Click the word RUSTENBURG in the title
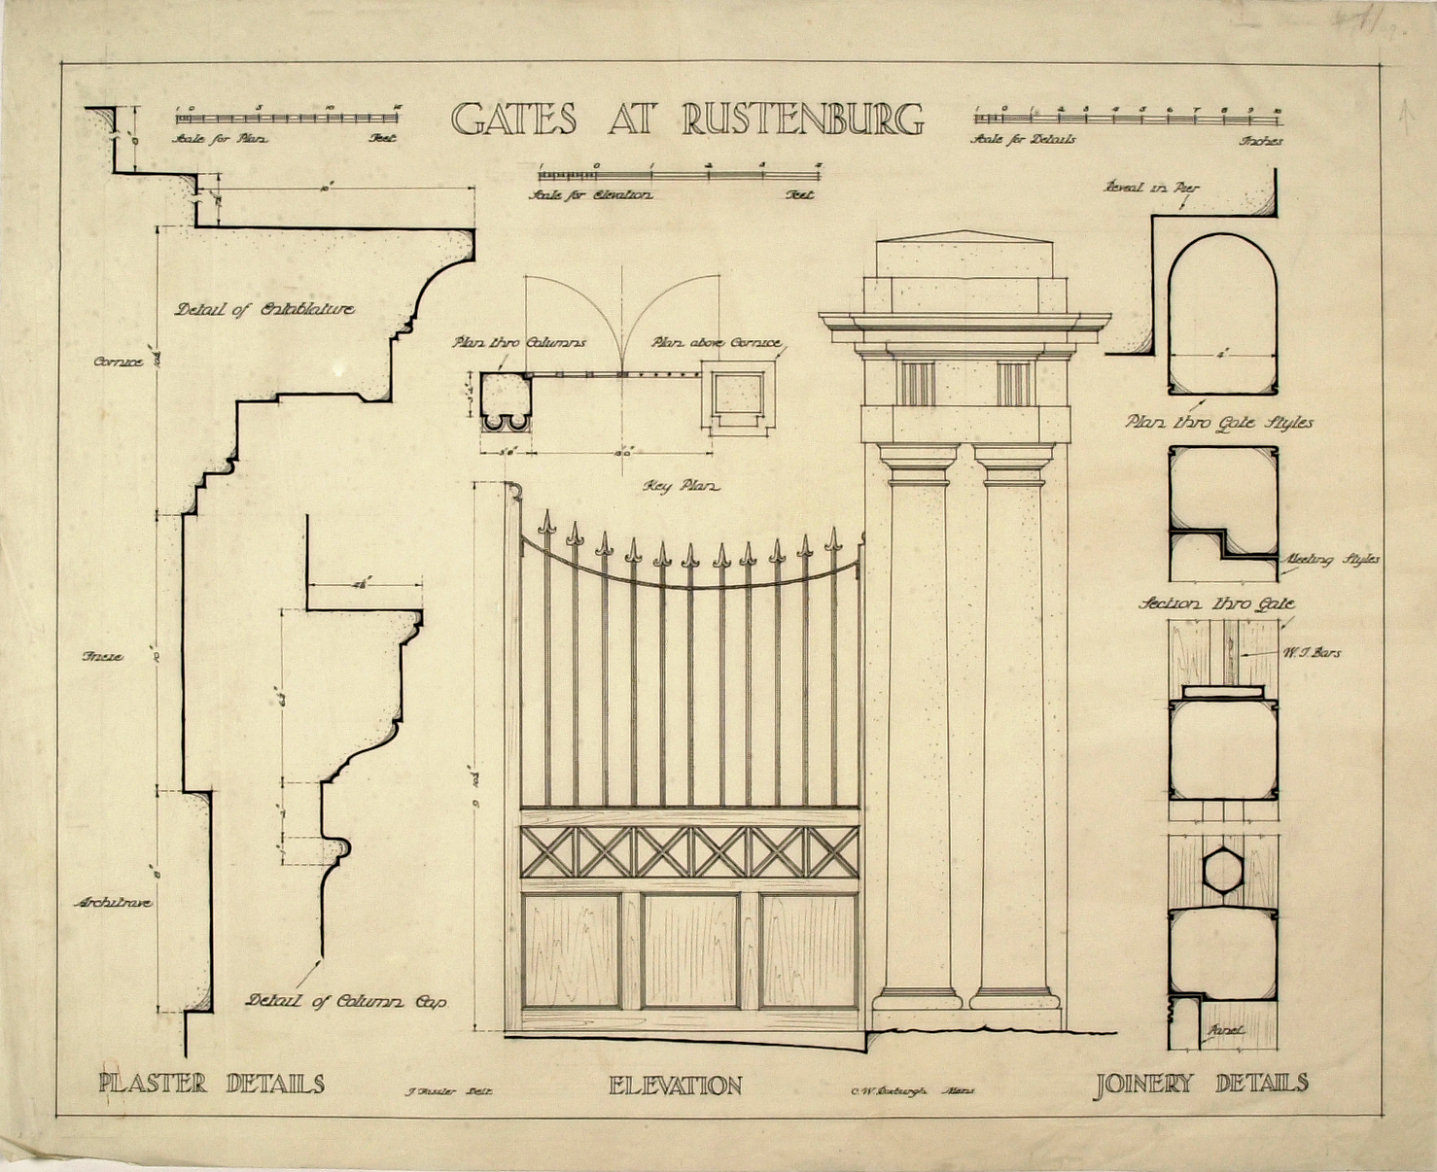802,119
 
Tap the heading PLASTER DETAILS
211,1084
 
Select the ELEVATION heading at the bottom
675,1086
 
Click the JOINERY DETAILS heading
1201,1084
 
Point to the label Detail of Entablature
264,310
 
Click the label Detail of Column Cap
346,1001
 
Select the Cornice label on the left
118,362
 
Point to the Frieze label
102,657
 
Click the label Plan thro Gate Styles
1219,423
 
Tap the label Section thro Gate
1216,604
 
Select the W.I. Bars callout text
1312,653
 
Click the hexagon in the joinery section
1222,869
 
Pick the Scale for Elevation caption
590,195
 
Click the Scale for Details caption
1024,140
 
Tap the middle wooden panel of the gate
690,950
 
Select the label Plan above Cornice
716,343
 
